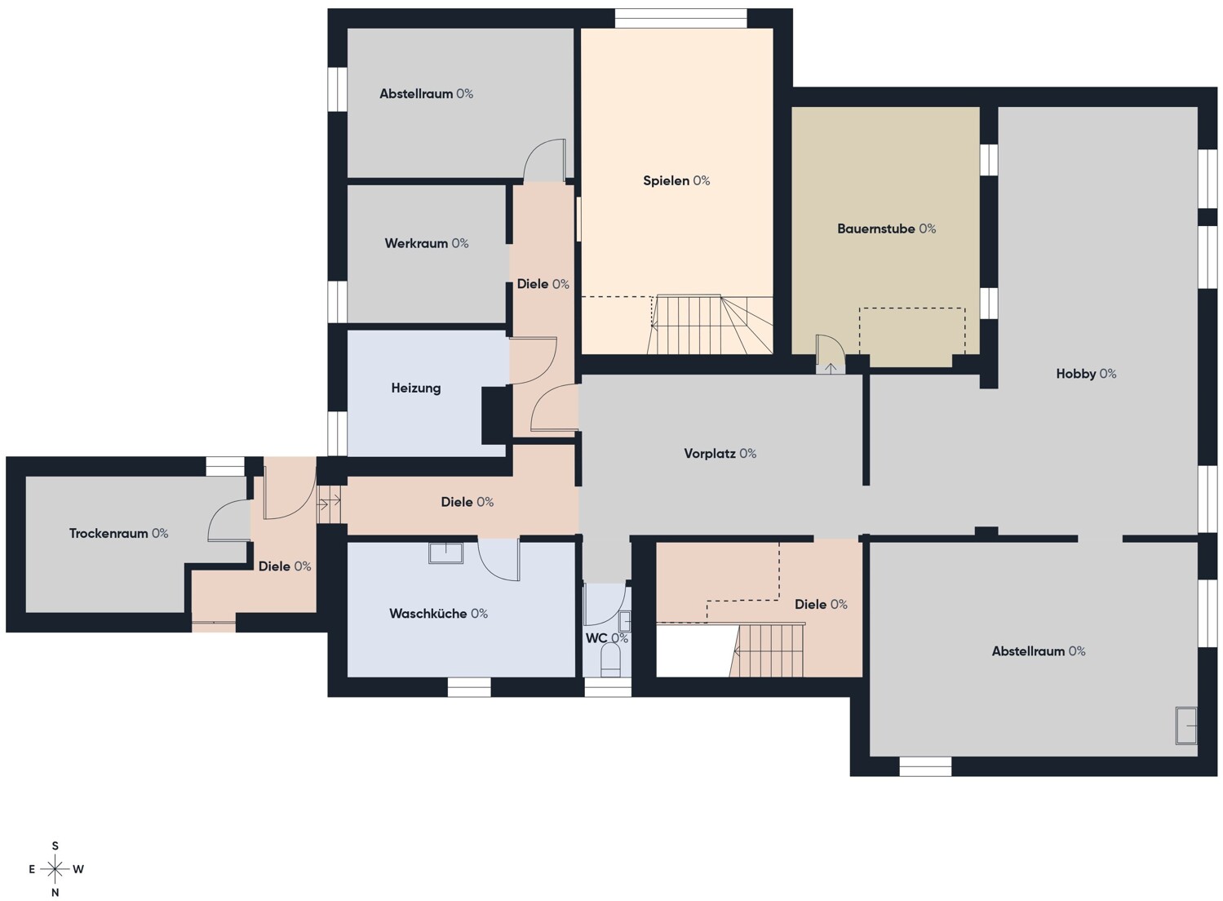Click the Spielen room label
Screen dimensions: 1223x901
676,180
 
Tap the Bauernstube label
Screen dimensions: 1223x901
886,229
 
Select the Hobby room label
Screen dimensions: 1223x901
1085,374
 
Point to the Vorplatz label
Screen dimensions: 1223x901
720,454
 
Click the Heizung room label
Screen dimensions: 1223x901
415,388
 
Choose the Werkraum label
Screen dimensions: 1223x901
427,243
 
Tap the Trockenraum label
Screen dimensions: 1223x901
118,534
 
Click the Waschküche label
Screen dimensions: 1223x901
438,614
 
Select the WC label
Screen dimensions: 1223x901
606,638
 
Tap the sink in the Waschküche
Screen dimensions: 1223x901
445,553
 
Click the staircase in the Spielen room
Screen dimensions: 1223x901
710,325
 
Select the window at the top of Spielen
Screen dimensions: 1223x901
680,19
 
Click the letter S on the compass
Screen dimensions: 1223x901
55,846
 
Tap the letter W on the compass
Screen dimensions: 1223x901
78,869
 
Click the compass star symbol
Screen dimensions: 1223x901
55,869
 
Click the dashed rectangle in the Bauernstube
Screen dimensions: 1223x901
912,331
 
